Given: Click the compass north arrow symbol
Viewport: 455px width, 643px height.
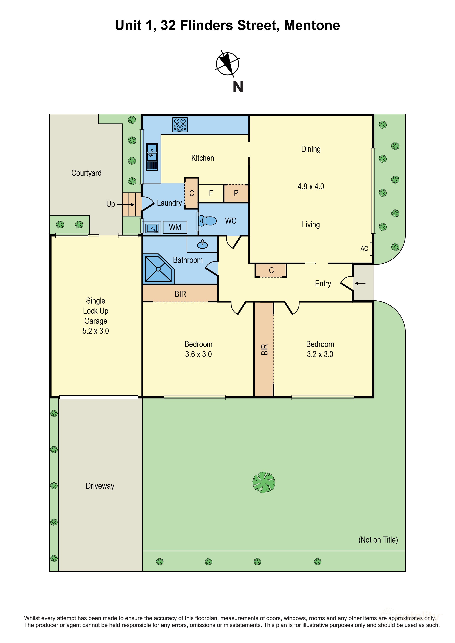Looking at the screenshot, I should [227, 64].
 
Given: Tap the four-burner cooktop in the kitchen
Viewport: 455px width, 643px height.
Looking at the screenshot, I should [180, 125].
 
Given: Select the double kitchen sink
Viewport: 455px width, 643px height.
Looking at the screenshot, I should [152, 157].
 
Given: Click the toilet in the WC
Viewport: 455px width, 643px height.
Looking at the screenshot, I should [208, 221].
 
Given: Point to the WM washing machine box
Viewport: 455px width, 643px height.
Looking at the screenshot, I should [175, 227].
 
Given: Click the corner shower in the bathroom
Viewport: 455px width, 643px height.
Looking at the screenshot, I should [158, 269].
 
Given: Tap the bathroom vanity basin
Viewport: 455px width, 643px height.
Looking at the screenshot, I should [202, 245].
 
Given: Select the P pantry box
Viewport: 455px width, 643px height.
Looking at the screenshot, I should [236, 193].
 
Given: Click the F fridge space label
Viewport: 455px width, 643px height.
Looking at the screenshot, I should [211, 193].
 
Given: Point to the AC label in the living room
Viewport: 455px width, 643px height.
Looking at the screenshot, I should [364, 249].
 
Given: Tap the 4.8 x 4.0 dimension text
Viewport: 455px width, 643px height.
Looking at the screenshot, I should [311, 187].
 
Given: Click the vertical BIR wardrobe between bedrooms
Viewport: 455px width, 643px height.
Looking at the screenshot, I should [264, 349].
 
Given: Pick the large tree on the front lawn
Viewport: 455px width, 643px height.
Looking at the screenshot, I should [263, 482].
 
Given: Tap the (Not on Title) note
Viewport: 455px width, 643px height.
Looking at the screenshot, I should [378, 540].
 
